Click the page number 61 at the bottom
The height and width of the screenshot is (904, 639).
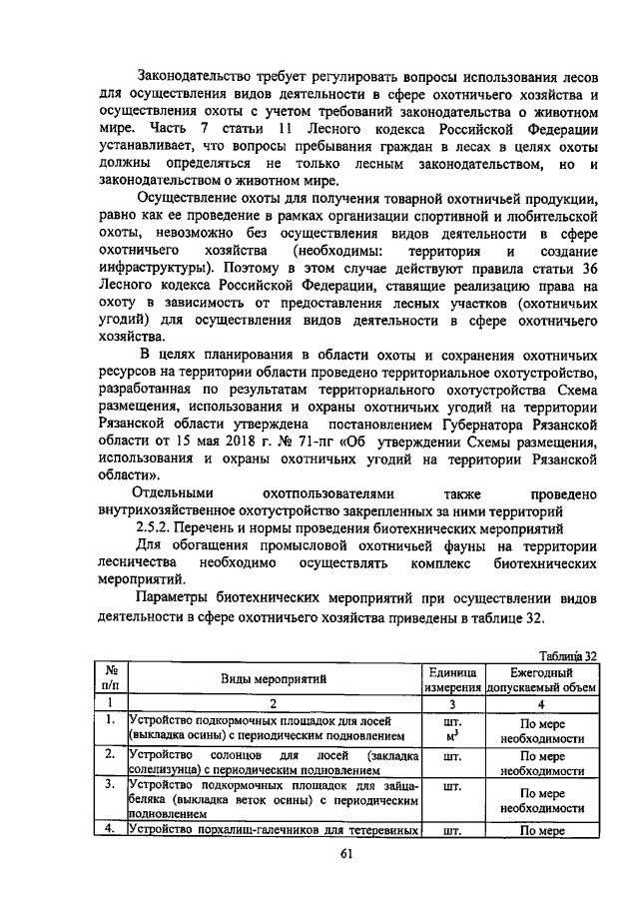pyautogui.click(x=319, y=852)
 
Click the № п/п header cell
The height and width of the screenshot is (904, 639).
pyautogui.click(x=113, y=679)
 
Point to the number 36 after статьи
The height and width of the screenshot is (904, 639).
pyautogui.click(x=587, y=269)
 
